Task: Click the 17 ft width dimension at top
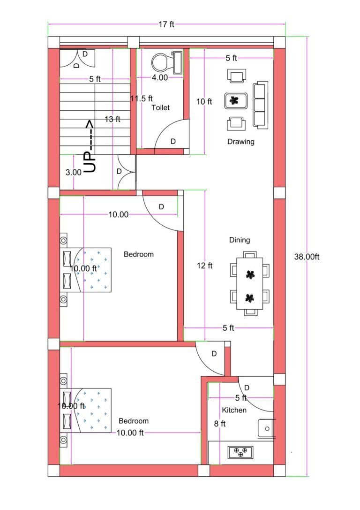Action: pyautogui.click(x=166, y=24)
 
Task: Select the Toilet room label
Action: pyautogui.click(x=160, y=107)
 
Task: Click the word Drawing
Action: pyautogui.click(x=240, y=142)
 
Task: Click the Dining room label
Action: pyautogui.click(x=239, y=240)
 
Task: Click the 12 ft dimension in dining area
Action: pyautogui.click(x=204, y=266)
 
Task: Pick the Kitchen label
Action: pyautogui.click(x=234, y=410)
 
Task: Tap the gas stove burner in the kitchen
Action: pyautogui.click(x=240, y=452)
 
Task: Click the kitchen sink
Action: pyautogui.click(x=265, y=428)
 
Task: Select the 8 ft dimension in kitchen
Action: pyautogui.click(x=220, y=424)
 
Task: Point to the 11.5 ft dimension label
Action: pyautogui.click(x=142, y=99)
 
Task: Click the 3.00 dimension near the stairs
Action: pyautogui.click(x=74, y=172)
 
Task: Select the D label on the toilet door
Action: pyautogui.click(x=173, y=141)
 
